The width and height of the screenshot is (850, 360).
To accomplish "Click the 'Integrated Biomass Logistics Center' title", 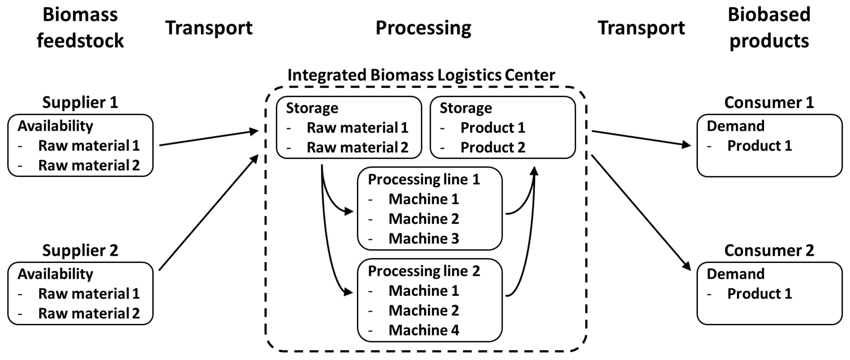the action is click(x=421, y=75).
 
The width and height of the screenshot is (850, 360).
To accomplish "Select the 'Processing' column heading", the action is click(x=423, y=28).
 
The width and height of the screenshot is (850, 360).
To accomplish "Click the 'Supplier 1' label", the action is click(x=80, y=102).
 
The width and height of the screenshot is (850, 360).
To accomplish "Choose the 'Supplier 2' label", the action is click(x=80, y=251).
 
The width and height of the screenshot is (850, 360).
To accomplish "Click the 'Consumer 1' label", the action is click(x=769, y=102).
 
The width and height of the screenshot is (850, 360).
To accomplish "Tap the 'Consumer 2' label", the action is click(x=769, y=251).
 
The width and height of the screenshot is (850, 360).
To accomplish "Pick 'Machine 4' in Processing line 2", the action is click(x=424, y=330).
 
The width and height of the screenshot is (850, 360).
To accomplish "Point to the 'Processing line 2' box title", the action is click(x=424, y=271).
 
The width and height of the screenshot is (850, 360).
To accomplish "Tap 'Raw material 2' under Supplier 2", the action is click(x=89, y=313).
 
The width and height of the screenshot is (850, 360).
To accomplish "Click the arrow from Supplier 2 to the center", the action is click(x=209, y=212).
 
